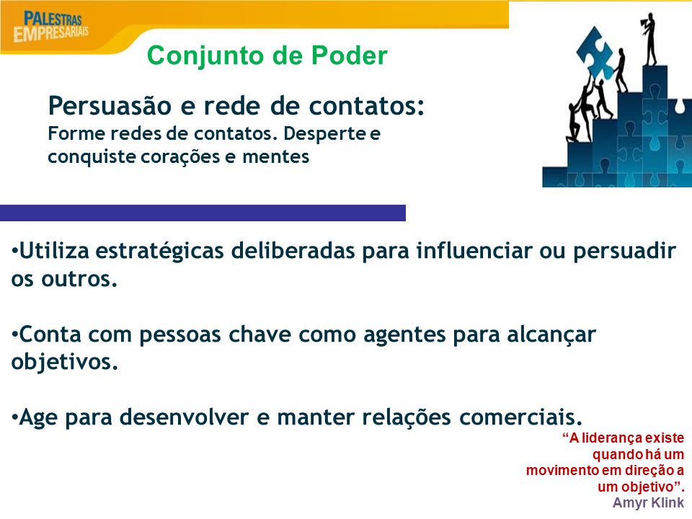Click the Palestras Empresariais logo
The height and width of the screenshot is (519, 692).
pos(50,27)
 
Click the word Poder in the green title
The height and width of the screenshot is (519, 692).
pos(350,56)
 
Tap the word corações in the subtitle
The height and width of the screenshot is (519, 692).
pos(180,157)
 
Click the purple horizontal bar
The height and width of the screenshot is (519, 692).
pos(203,213)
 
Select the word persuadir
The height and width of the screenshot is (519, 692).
pos(624,251)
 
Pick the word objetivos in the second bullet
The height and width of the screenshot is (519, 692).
pos(64,363)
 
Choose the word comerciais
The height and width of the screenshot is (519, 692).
pos(520,417)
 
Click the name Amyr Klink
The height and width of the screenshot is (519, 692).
pos(648,502)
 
